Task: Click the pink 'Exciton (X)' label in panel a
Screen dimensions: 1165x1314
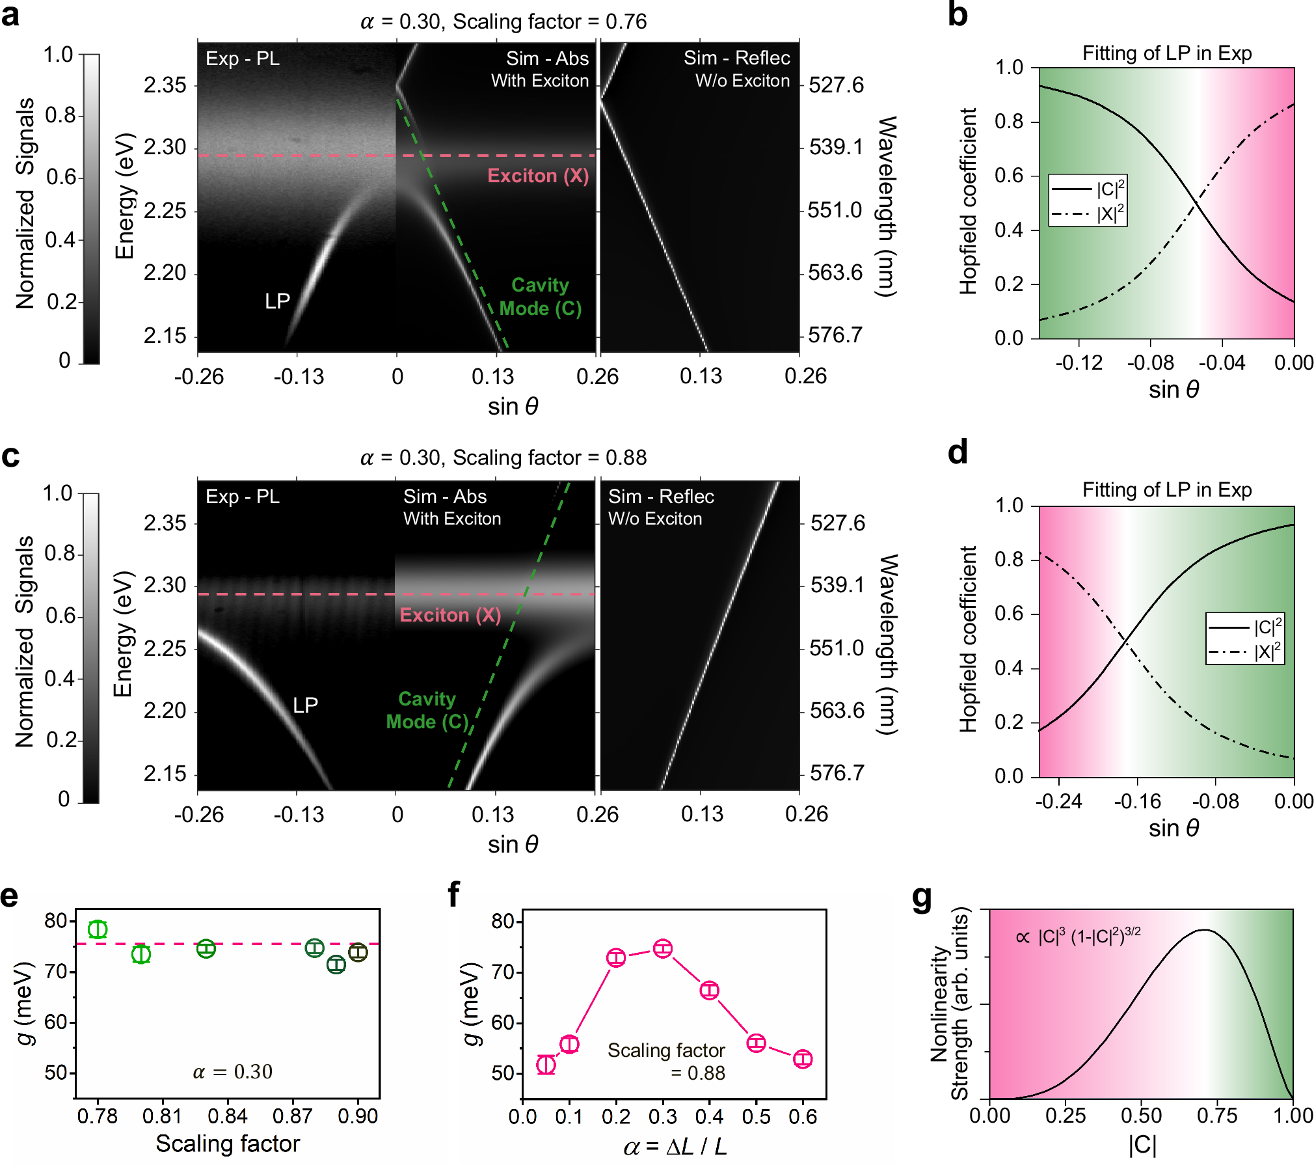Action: [538, 176]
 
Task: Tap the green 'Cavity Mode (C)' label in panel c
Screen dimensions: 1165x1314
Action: [427, 710]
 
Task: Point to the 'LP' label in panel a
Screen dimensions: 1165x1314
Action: [277, 301]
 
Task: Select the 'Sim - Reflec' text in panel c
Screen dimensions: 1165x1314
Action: [661, 497]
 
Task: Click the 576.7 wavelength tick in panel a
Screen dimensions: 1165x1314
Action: [835, 335]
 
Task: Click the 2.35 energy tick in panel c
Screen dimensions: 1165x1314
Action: [165, 523]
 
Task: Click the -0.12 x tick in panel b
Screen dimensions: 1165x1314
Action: [1079, 363]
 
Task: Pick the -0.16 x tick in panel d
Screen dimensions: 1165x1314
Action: [1137, 801]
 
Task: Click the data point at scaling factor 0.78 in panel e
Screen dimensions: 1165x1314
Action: [98, 929]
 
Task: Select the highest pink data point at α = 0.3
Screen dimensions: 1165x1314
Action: [663, 948]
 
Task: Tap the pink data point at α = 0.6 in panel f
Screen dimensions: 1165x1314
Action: [803, 1059]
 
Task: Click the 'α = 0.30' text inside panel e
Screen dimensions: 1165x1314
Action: [232, 1072]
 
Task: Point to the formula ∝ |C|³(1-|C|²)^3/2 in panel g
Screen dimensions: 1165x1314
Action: [1078, 936]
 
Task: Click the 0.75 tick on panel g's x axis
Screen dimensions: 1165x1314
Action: [1216, 1116]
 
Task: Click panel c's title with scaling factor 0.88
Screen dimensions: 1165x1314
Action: [503, 458]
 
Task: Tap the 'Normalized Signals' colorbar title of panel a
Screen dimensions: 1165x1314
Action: [25, 203]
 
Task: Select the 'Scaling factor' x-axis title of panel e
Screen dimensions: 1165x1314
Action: [228, 1144]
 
